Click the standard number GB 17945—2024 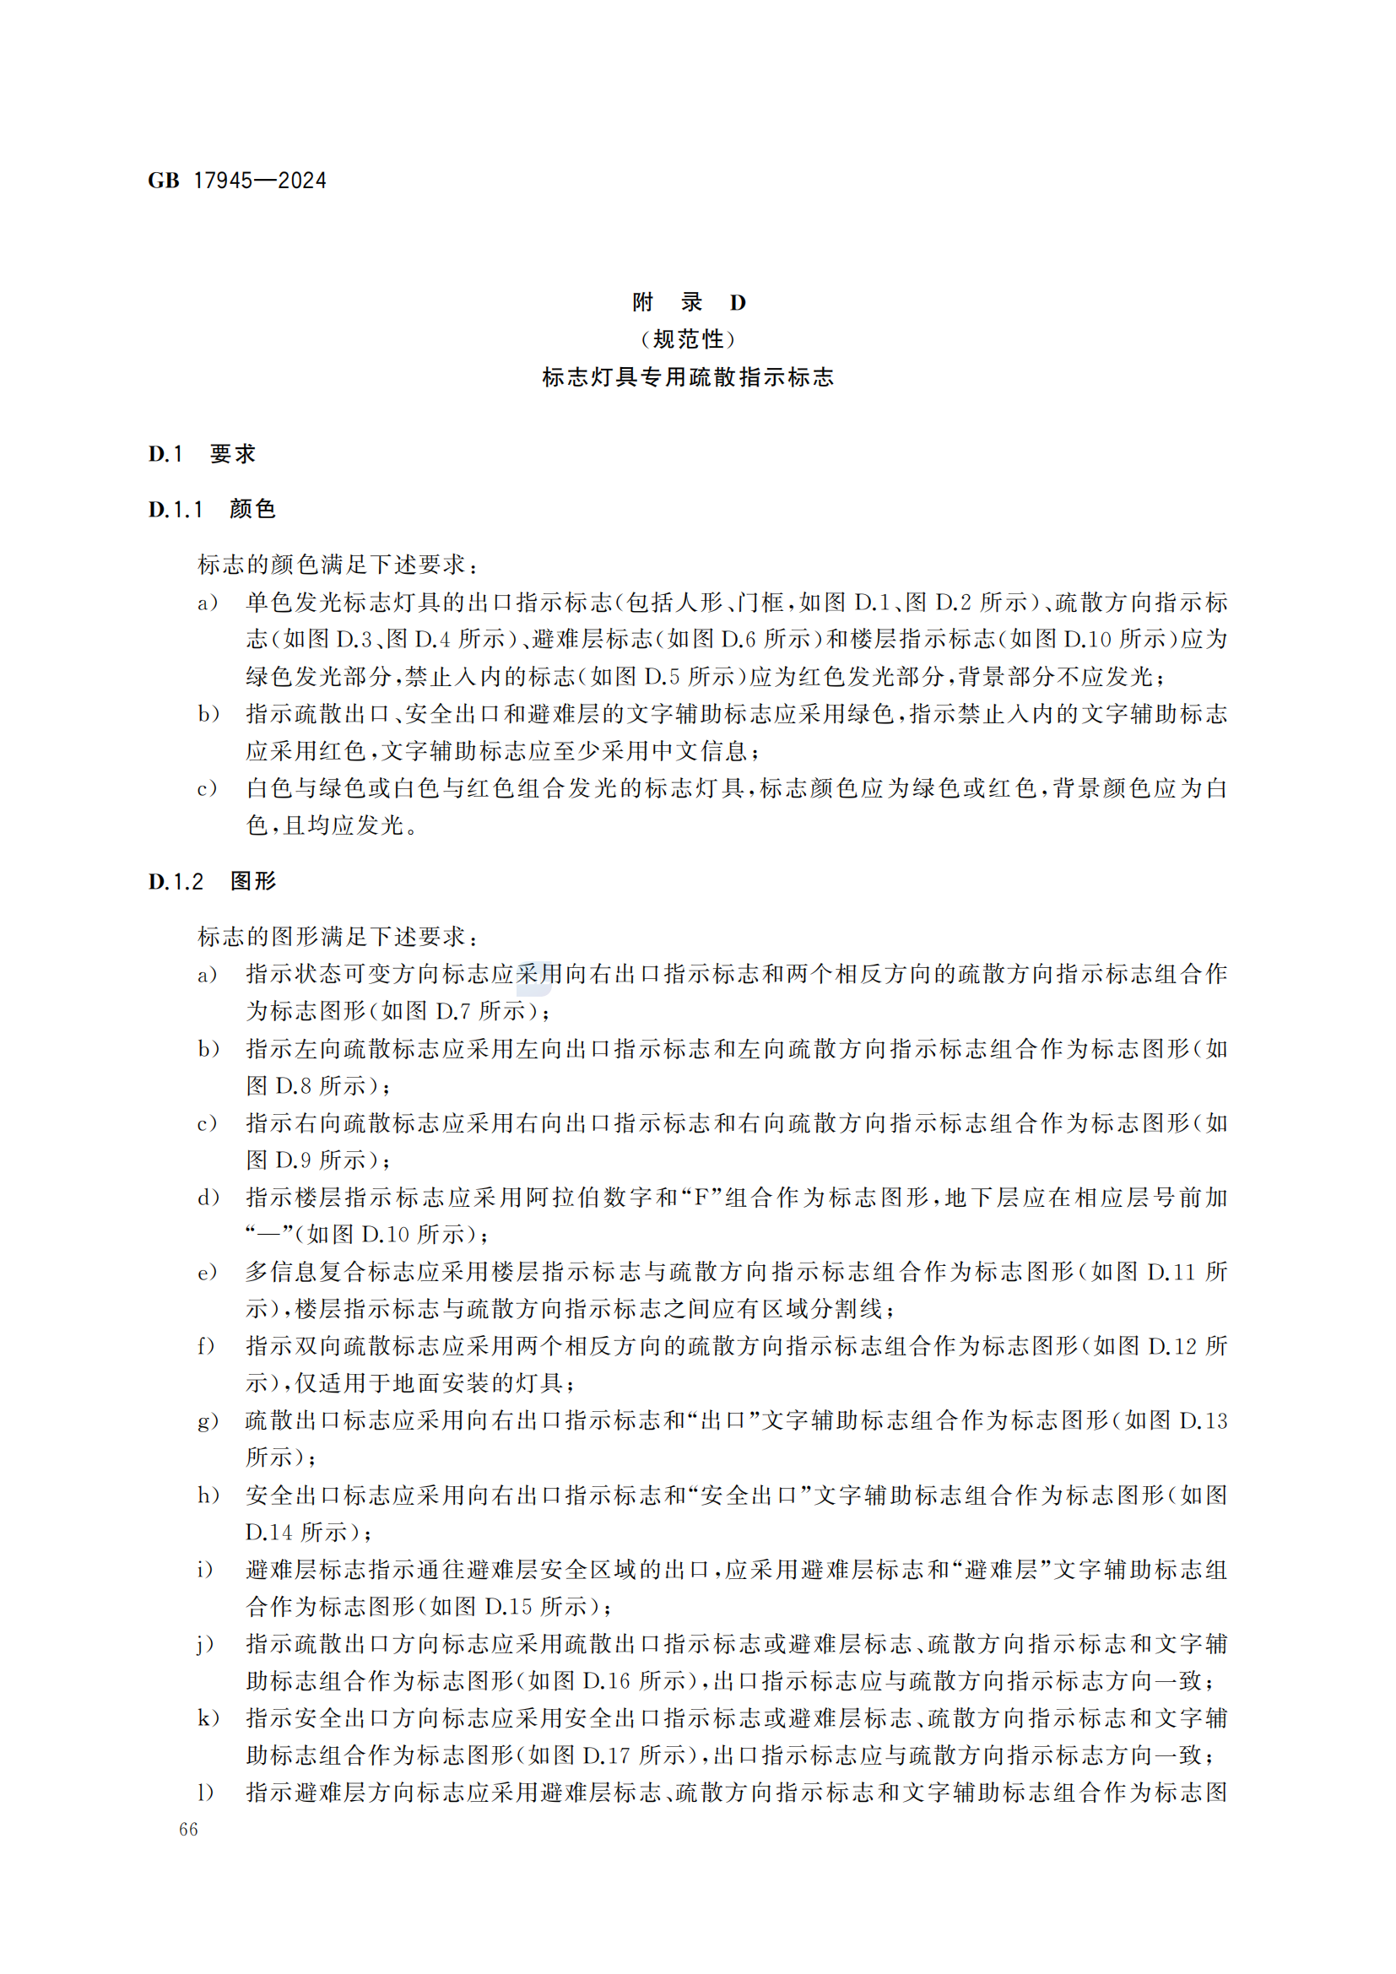(x=237, y=181)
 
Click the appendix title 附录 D (x=689, y=302)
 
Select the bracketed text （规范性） (x=689, y=339)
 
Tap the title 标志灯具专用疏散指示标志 (x=689, y=377)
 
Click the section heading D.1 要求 (x=202, y=454)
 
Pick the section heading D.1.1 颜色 (x=212, y=509)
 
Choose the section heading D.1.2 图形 (x=212, y=881)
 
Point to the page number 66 (x=188, y=1830)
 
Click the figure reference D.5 (x=662, y=678)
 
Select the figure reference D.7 (x=453, y=1012)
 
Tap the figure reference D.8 (x=293, y=1087)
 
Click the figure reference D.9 (x=293, y=1160)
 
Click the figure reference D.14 (x=268, y=1533)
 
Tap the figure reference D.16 (x=607, y=1681)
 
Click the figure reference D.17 (x=607, y=1755)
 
